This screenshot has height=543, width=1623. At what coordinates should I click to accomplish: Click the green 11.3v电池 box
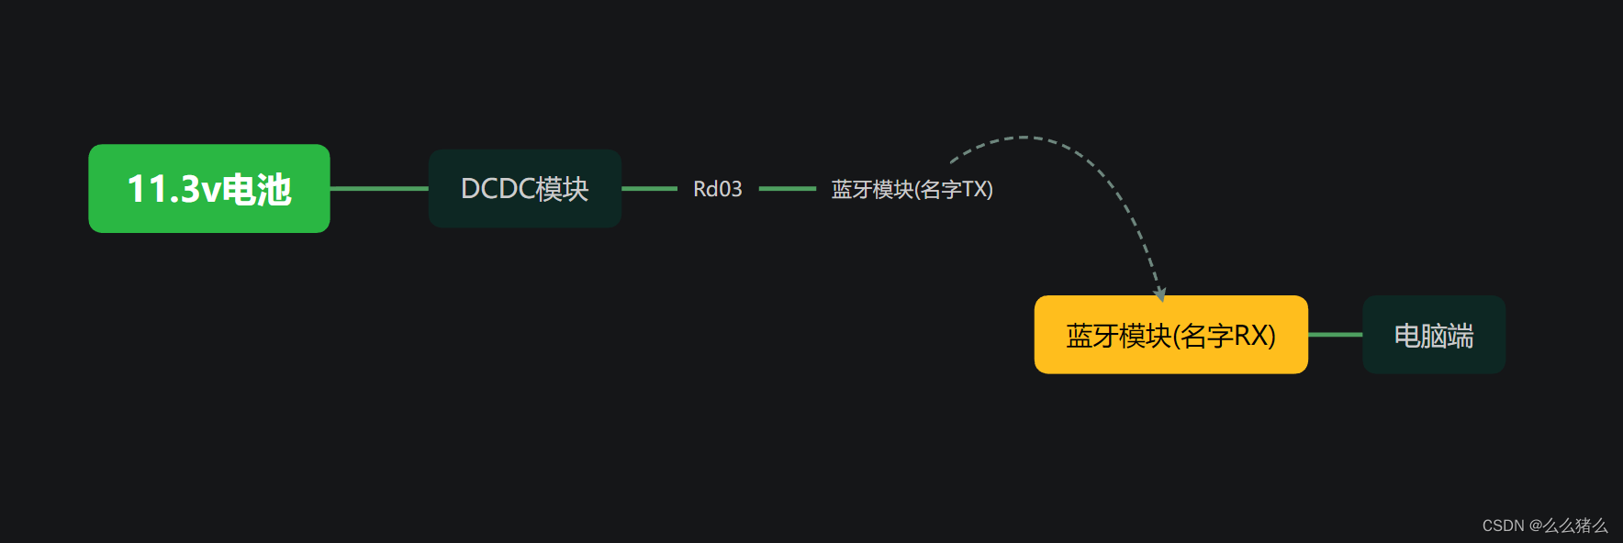click(208, 188)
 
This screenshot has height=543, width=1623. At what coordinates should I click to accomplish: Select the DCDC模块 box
click(524, 188)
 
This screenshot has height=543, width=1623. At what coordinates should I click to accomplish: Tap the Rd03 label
click(717, 189)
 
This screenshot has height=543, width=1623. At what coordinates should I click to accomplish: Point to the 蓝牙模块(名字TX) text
click(912, 189)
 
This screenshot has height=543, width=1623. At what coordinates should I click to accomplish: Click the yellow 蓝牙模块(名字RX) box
click(1170, 335)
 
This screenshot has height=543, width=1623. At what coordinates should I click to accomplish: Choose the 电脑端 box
click(1433, 335)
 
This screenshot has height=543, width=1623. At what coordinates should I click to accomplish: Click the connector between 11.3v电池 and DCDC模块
click(378, 188)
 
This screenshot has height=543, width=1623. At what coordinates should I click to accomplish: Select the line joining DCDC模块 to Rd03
click(649, 188)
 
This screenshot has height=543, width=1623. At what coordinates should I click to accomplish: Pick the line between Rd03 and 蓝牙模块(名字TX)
click(787, 188)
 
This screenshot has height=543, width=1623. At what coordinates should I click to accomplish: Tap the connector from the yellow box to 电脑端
click(1335, 335)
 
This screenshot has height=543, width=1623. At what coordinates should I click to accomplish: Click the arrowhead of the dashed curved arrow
click(1160, 294)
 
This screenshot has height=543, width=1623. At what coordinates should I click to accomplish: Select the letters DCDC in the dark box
click(498, 189)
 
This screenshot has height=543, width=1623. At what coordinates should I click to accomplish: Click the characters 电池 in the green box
click(257, 189)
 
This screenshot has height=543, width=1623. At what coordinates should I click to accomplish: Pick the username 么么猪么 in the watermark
click(1575, 526)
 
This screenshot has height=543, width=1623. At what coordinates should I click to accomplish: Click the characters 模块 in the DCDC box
click(562, 189)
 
